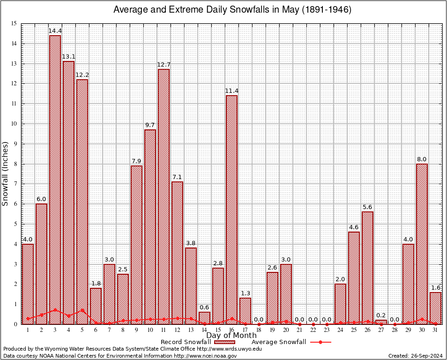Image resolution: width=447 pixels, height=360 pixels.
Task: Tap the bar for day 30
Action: point(422,244)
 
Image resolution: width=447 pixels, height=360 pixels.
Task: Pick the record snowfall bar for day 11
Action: point(164,196)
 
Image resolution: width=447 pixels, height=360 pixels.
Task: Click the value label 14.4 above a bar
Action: point(55,31)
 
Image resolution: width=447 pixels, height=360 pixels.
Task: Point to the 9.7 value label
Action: point(150,125)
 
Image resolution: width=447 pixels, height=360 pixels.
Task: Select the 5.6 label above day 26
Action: point(367,207)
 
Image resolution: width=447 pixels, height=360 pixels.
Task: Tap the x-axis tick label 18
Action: point(259,330)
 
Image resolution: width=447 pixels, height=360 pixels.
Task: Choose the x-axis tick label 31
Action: point(435,330)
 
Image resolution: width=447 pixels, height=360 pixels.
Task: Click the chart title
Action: point(233,10)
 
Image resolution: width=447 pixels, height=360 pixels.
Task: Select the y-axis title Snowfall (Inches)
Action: point(6,173)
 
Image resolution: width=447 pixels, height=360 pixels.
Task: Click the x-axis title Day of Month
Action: point(231,335)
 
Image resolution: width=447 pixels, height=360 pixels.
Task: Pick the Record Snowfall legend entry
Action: point(197,342)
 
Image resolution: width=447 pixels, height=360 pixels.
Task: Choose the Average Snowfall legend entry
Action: point(291,342)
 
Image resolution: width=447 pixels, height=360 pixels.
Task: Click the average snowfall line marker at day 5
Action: point(82,310)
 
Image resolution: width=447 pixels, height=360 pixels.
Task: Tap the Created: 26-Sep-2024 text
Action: point(416,356)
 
